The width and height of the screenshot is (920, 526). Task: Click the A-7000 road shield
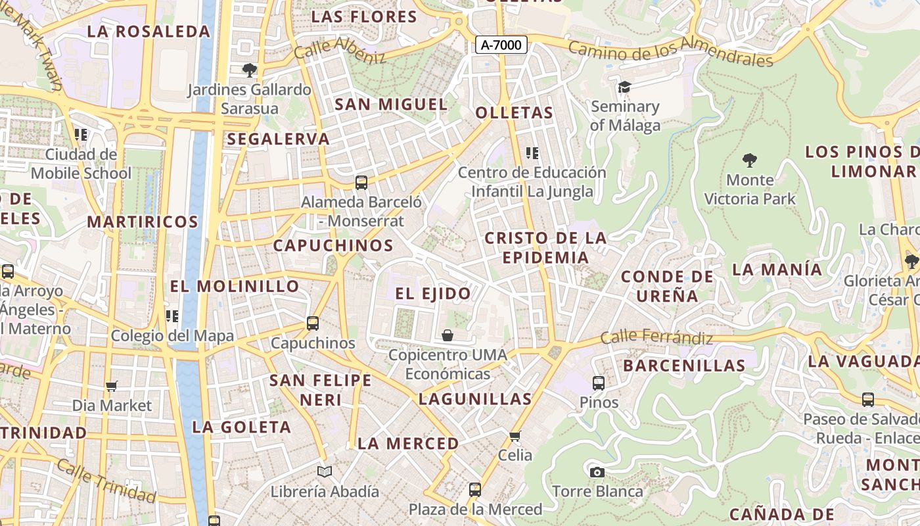501,45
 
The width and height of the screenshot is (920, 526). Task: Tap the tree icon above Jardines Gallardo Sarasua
249,70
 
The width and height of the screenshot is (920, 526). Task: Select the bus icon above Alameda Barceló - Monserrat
361,182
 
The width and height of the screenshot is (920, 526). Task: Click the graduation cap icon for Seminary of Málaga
624,87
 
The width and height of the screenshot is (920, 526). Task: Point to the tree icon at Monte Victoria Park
749,160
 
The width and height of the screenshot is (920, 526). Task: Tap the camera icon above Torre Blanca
597,472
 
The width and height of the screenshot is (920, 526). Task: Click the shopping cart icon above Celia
515,436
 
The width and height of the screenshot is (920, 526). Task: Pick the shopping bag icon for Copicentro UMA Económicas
448,335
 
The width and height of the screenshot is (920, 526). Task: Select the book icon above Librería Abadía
325,471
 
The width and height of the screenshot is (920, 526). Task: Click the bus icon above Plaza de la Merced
475,489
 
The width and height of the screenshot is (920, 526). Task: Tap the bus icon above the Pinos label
598,383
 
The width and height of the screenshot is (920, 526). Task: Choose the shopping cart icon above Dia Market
112,386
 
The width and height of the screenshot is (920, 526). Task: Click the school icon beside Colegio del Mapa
172,316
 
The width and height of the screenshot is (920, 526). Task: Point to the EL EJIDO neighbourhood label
433,294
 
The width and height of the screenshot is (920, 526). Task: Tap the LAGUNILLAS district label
475,399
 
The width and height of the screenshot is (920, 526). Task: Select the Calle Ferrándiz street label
656,338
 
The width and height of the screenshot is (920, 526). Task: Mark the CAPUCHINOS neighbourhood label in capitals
333,246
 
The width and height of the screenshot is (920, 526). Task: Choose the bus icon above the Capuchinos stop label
313,323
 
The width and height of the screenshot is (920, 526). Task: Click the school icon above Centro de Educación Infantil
532,153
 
